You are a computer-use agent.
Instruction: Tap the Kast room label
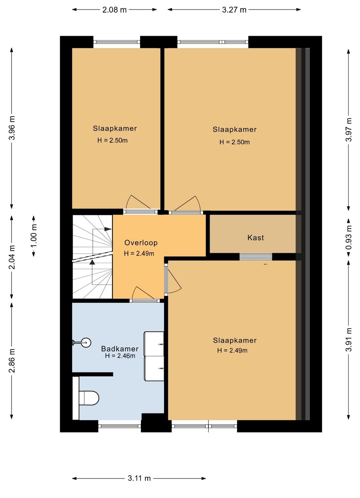[x=255, y=238]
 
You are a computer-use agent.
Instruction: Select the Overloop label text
[x=141, y=243]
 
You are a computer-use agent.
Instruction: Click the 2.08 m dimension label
[x=114, y=10]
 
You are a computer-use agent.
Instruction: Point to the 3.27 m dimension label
[x=234, y=10]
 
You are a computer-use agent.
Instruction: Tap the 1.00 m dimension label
[x=34, y=236]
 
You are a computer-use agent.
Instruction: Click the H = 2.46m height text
[x=120, y=356]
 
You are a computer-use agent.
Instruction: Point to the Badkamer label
[x=120, y=349]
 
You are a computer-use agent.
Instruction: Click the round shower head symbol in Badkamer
[x=86, y=342]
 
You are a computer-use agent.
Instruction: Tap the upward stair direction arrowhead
[x=92, y=262]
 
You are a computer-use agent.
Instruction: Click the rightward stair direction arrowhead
[x=108, y=229]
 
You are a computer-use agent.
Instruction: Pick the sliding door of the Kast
[x=256, y=257]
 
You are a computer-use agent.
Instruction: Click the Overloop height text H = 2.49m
[x=139, y=253]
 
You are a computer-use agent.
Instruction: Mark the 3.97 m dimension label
[x=349, y=130]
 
